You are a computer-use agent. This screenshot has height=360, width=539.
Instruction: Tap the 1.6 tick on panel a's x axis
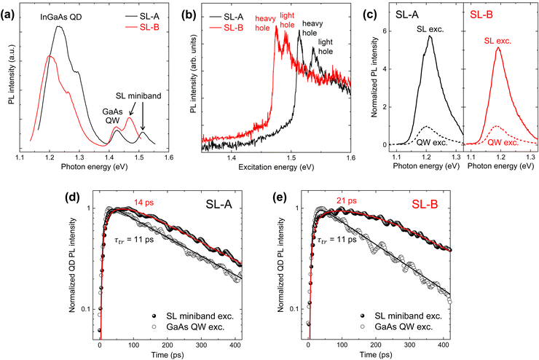[x=169, y=157]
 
